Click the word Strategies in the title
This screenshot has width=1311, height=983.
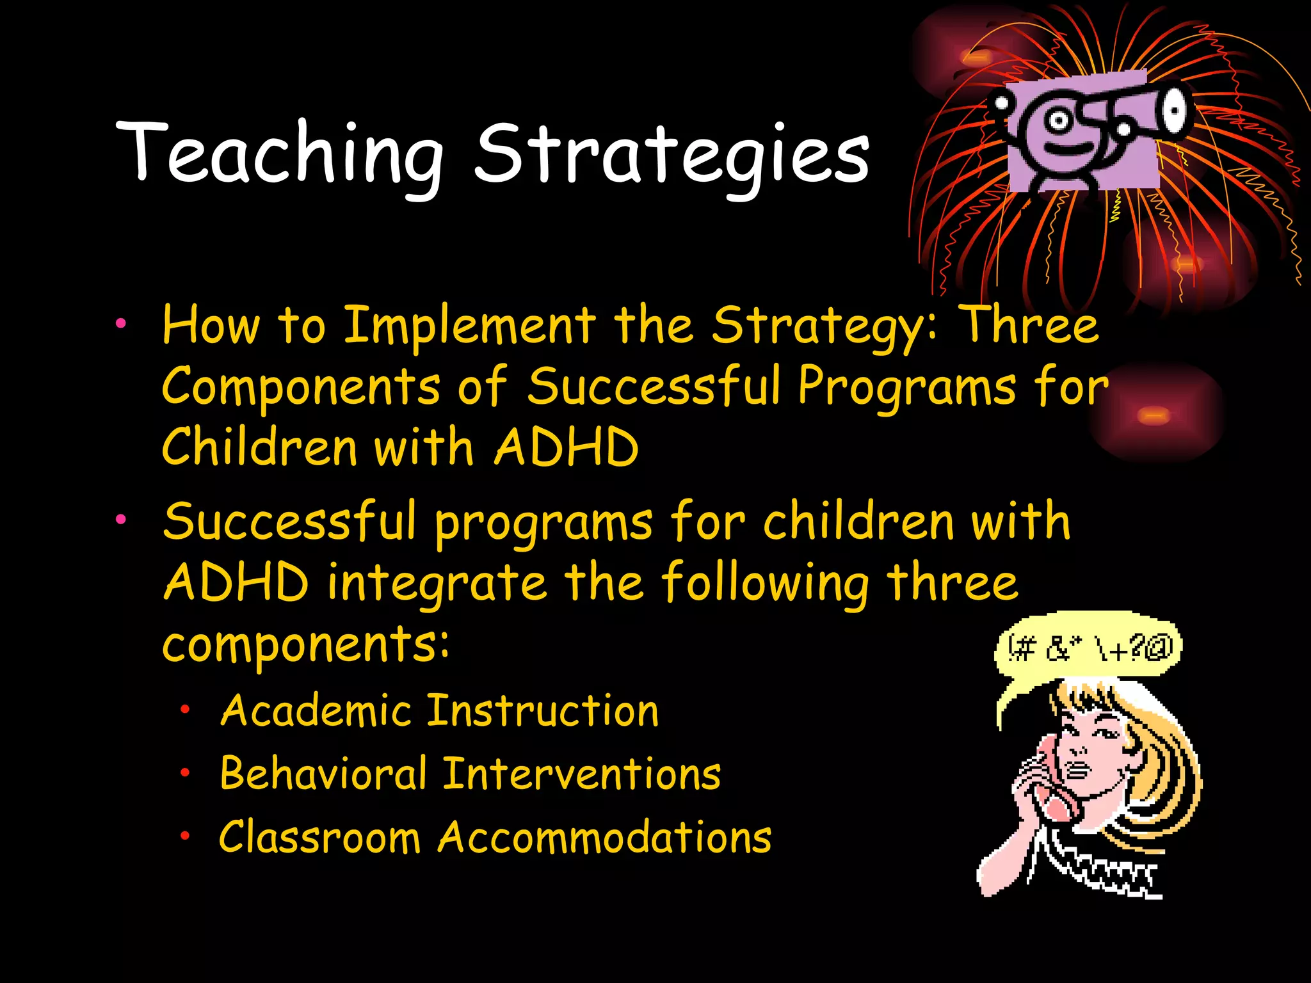[x=672, y=154]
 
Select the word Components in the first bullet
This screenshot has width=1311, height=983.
[x=301, y=387]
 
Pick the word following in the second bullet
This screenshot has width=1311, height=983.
[x=765, y=582]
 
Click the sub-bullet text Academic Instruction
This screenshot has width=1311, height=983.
[x=439, y=711]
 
